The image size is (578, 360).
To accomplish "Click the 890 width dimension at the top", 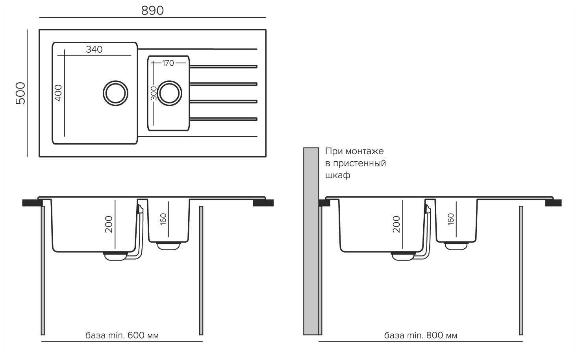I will coord(152,11).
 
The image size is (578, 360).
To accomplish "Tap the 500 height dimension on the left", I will coord(20,93).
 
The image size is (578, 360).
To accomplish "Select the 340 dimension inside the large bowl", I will coord(94,49).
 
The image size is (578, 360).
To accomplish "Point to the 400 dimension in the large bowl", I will coord(58,93).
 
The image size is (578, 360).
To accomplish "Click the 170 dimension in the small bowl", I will coord(168,63).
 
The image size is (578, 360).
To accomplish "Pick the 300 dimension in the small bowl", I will coord(154,93).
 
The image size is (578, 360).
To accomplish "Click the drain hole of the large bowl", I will coord(115,93).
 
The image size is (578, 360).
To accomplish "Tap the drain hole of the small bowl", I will coord(169,93).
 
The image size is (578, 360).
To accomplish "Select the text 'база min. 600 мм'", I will coord(122,336).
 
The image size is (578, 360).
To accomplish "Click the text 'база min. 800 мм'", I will coord(421,336).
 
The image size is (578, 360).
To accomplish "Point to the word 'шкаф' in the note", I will coord(337,175).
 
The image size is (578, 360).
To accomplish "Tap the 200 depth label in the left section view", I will coord(109,224).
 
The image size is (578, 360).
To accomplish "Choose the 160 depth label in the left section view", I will coord(163,219).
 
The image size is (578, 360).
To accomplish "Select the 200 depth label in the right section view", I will coord(396,224).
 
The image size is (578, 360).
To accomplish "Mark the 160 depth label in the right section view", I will coord(451,219).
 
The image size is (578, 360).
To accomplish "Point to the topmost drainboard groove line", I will coord(197,49).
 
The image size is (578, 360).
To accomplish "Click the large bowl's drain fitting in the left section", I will coord(115,256).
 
